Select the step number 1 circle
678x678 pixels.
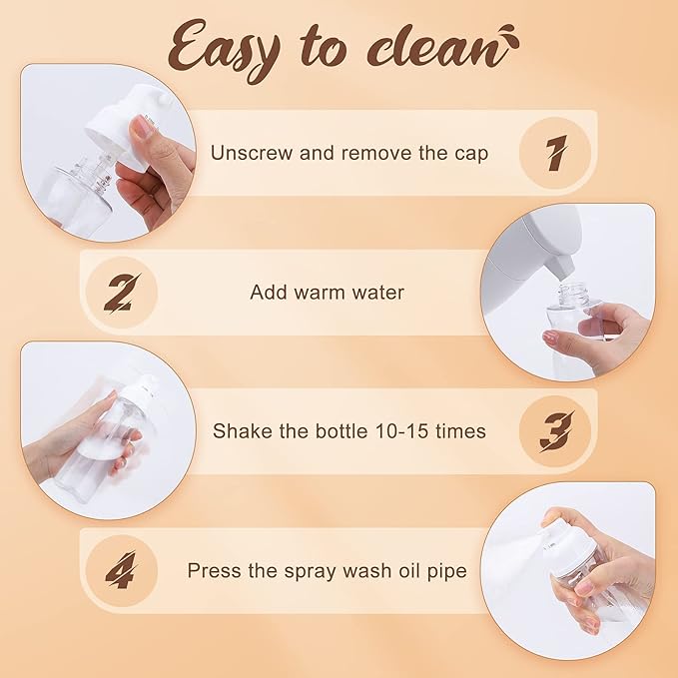(x=555, y=153)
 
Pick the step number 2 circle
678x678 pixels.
(x=122, y=293)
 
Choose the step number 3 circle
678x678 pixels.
(x=555, y=431)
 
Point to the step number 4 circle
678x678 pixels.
(x=122, y=570)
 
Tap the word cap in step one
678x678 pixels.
(x=471, y=155)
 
